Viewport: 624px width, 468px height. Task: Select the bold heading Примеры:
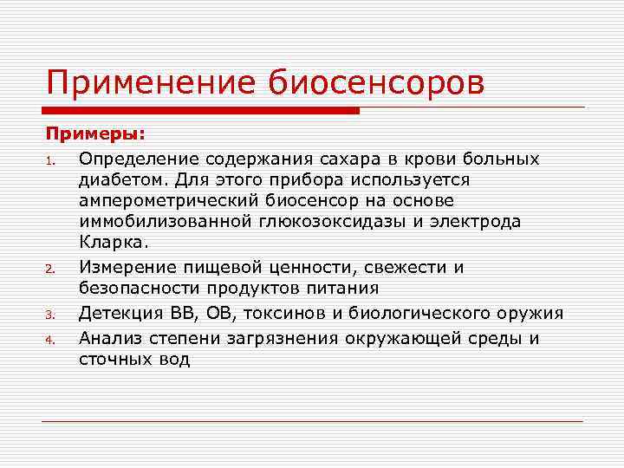click(96, 135)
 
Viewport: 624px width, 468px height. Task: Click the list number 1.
click(51, 160)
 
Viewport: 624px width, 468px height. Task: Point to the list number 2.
click(51, 270)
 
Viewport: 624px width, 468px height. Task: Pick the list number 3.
click(51, 315)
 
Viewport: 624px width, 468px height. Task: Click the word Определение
click(134, 159)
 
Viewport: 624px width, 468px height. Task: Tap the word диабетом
click(120, 179)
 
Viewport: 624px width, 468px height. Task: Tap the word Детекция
click(119, 313)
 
